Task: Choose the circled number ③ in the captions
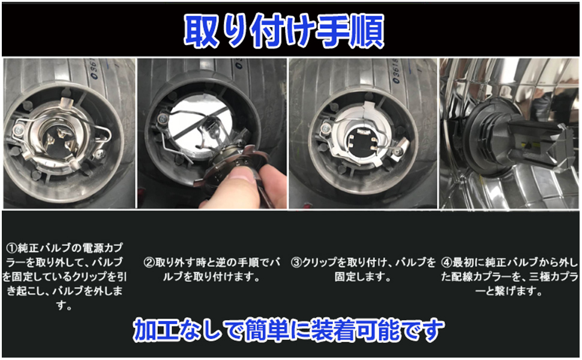point(296,262)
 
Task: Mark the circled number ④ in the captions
point(446,262)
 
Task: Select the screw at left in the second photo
point(162,119)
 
